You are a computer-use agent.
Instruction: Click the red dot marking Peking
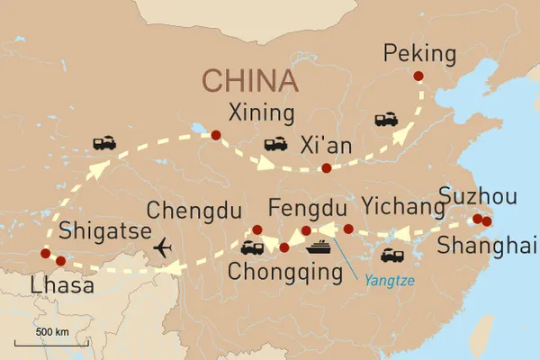[x=418, y=76]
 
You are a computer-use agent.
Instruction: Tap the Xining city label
[x=261, y=113]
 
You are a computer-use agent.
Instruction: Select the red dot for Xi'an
[x=326, y=167]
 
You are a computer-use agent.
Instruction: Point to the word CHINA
[x=249, y=80]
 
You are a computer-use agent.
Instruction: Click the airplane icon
[x=164, y=246]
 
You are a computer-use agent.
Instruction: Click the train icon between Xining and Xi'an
[x=275, y=144]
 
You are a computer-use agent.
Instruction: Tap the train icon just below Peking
[x=387, y=119]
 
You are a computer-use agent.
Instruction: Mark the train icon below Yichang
[x=393, y=255]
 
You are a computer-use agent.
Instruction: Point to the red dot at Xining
[x=215, y=136]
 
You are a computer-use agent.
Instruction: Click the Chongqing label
[x=272, y=271]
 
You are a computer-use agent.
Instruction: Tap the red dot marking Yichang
[x=348, y=229]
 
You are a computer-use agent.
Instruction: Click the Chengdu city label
[x=194, y=211]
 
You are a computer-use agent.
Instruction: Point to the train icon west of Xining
[x=103, y=142]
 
